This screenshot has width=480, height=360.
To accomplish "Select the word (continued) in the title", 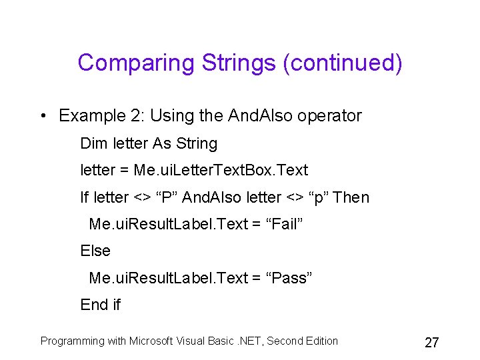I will (343, 63).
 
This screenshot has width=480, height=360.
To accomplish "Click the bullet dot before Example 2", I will (43, 116).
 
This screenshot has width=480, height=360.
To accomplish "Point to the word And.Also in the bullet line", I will (259, 116).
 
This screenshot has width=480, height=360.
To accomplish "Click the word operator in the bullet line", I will (329, 116).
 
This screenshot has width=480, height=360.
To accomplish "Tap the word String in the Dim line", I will (196, 143).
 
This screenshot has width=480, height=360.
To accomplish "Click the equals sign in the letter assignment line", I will (124, 171).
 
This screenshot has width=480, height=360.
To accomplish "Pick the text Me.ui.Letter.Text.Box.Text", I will (221, 171).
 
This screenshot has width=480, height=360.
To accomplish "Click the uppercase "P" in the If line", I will (163, 197).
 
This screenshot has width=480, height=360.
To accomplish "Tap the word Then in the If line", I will (351, 197).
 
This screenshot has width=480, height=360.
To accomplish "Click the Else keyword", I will (95, 251).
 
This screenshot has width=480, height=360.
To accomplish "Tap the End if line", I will (100, 305).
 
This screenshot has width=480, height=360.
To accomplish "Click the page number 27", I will (431, 343).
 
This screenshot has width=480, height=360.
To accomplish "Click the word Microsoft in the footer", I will (160, 341).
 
